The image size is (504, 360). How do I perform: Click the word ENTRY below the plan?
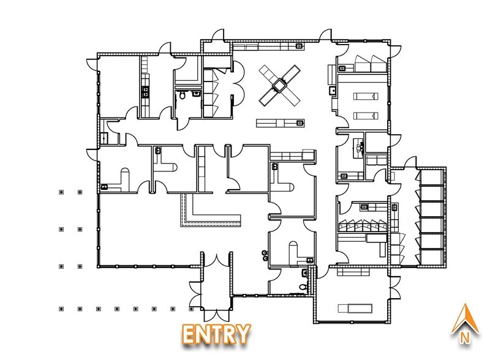(x=217, y=334)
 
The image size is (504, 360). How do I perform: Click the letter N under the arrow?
(x=464, y=338)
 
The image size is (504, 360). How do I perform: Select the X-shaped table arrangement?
(x=279, y=85)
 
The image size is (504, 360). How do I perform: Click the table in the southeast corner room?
(x=355, y=308)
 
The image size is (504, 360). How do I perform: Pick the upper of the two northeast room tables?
(x=366, y=96)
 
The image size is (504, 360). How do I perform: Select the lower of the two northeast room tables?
(x=366, y=116)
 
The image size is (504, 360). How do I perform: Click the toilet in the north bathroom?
(x=182, y=95)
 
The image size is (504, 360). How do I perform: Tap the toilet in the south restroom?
(x=303, y=287)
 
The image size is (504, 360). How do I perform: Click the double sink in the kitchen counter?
(x=146, y=92)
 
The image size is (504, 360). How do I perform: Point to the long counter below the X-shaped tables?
(x=280, y=123)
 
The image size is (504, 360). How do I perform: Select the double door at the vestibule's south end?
(x=217, y=315)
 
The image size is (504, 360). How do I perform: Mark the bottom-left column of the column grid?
(x=61, y=309)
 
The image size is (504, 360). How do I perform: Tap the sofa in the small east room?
(x=377, y=160)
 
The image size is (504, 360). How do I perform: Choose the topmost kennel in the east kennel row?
(x=432, y=177)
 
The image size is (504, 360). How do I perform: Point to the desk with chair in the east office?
(x=358, y=147)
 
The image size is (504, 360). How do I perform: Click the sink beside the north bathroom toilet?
(x=196, y=94)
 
